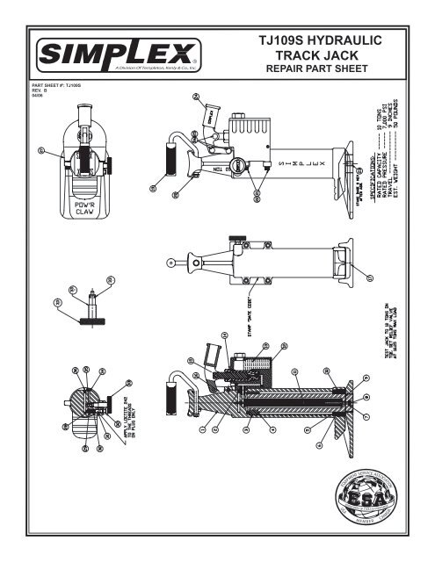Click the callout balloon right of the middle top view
point(370,279)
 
